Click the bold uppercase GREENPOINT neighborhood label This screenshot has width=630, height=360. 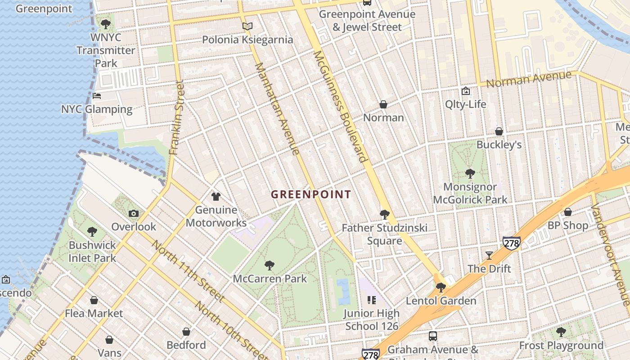tap(310, 194)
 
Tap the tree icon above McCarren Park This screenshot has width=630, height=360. tap(270, 265)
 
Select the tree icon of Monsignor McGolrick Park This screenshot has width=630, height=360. tap(470, 173)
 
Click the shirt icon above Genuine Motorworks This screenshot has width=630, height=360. tap(216, 197)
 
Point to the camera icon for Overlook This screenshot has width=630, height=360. tap(134, 213)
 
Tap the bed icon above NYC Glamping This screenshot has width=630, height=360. tap(97, 96)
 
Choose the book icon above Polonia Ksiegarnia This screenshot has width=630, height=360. tap(247, 27)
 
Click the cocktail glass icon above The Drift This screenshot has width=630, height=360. tap(489, 255)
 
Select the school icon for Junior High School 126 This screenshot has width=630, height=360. tap(372, 300)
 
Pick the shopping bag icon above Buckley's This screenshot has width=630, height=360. tap(499, 131)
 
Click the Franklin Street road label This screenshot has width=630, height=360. tap(177, 117)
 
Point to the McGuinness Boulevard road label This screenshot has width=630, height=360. tap(340, 106)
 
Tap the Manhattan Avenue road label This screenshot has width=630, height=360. tap(277, 108)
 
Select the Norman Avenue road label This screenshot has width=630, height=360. tap(529, 80)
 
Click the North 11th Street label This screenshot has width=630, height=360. tap(188, 271)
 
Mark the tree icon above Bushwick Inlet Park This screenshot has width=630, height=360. tap(92, 232)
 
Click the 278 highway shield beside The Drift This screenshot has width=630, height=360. tap(512, 243)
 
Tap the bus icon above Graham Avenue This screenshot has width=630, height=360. tap(433, 336)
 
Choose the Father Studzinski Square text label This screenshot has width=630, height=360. tap(384, 234)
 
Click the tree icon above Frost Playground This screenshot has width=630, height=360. tap(561, 332)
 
